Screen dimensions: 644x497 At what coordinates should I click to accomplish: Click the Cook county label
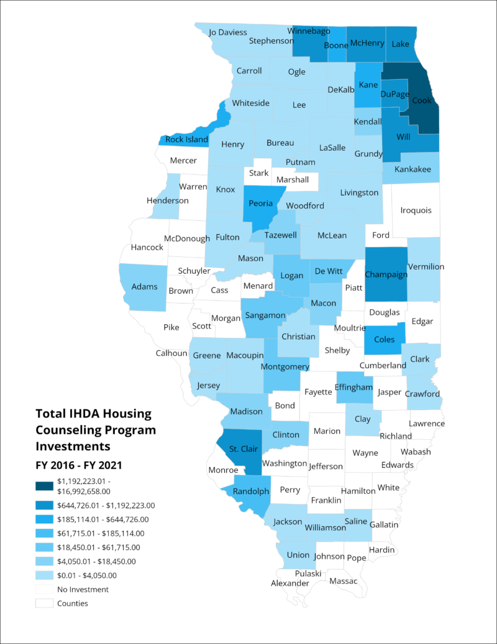coord(421,100)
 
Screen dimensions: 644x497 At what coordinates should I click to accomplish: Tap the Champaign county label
coord(386,274)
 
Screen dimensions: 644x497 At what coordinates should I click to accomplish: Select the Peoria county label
coord(260,203)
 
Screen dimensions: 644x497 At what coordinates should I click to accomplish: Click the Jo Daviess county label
coord(228,32)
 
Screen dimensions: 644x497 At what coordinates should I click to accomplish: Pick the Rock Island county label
coord(187,139)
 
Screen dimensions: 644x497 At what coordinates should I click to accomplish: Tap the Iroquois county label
coord(416,210)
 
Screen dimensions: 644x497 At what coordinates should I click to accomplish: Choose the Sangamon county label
coord(265,315)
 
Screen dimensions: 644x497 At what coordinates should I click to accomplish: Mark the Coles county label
coord(384,340)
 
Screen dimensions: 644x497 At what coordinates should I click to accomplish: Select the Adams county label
coord(144,287)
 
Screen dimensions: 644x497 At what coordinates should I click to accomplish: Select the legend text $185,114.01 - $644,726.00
coord(103,519)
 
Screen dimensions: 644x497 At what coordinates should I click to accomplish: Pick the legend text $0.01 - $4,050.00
coord(86,575)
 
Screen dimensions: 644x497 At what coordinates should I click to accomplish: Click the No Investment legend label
coord(83,589)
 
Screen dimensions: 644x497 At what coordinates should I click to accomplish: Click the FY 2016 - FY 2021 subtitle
coord(78,464)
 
